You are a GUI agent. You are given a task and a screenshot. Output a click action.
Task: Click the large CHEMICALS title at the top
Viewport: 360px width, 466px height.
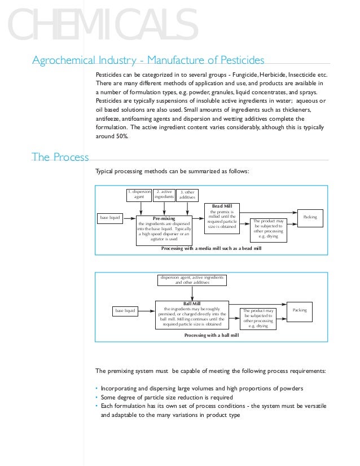click(99, 25)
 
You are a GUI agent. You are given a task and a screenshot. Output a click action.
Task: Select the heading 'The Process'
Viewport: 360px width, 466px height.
click(60, 157)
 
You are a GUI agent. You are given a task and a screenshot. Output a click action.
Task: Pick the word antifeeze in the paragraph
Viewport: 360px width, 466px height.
click(110, 119)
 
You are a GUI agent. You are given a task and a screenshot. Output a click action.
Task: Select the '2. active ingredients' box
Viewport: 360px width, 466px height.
click(164, 195)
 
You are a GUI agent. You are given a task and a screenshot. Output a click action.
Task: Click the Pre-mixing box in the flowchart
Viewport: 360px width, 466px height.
click(164, 229)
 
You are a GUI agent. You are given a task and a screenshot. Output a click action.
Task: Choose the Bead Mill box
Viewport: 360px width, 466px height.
click(221, 218)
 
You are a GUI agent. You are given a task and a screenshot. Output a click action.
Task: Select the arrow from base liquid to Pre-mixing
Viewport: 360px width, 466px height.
click(129, 217)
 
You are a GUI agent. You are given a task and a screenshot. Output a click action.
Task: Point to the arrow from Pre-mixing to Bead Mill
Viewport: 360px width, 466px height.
click(199, 217)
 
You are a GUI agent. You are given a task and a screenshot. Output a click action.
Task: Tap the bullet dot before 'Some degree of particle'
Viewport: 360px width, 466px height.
click(96, 397)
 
